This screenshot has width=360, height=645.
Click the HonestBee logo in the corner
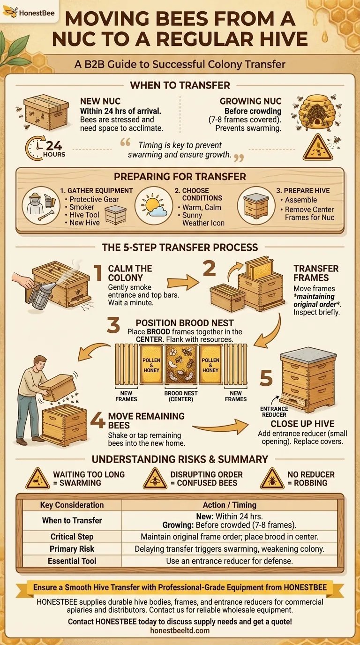click(30, 13)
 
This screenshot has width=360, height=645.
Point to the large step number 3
click(113, 325)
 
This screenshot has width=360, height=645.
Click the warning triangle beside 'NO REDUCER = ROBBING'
click(272, 479)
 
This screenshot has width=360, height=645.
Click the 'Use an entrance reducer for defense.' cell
click(230, 561)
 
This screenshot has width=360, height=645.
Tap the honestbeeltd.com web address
click(180, 631)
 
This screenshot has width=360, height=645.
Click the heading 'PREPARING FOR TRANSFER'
click(180, 177)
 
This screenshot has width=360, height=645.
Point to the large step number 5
click(266, 378)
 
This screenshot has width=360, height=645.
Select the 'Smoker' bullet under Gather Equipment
click(82, 207)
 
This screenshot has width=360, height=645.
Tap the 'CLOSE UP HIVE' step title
click(296, 424)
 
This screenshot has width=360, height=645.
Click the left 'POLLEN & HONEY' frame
click(151, 365)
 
